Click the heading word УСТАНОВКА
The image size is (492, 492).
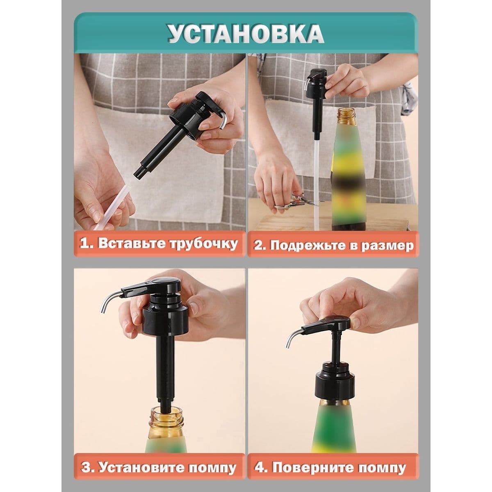[246, 34]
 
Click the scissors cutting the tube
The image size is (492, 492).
[297, 202]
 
